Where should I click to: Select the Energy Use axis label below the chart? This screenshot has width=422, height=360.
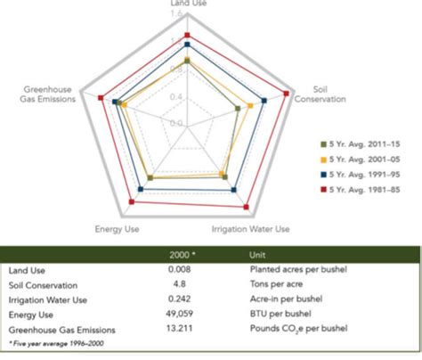point(115,230)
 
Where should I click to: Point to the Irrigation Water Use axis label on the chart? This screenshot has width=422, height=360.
point(250,230)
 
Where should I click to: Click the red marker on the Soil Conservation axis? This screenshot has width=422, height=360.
point(287,93)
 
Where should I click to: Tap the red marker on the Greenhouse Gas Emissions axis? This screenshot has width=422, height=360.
point(101,98)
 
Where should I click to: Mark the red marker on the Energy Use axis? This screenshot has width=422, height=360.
point(133,203)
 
